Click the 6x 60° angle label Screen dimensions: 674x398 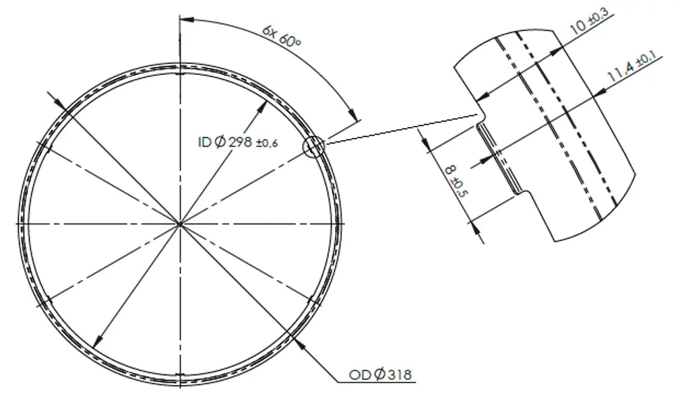click(282, 36)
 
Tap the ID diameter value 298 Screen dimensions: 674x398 click(241, 141)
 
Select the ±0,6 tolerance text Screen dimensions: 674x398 click(267, 143)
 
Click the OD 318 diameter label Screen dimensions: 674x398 click(380, 375)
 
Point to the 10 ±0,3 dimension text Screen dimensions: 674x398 click(590, 22)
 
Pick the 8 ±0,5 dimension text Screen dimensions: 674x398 click(456, 181)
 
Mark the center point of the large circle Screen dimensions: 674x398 click(180, 224)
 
